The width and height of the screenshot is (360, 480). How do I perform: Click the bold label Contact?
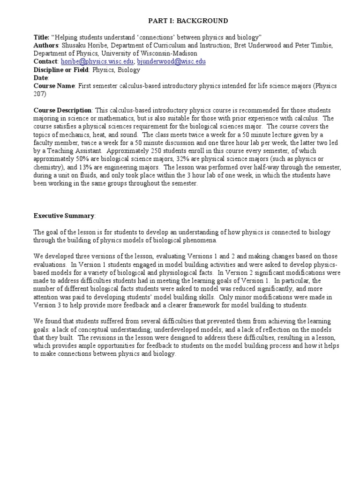click(45, 61)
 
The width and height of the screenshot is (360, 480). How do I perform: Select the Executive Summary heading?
click(64, 216)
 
